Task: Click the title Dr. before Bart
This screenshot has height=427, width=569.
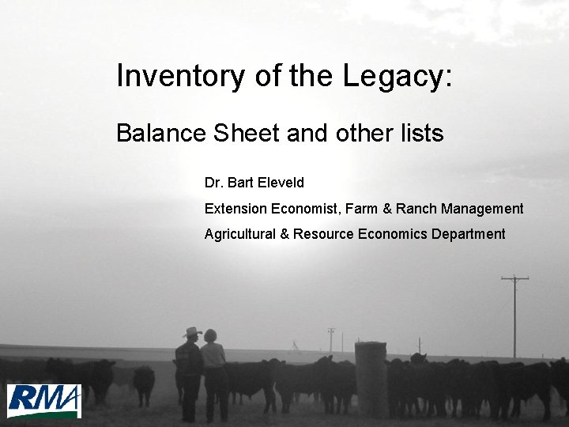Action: click(213, 183)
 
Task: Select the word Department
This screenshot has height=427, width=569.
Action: click(468, 234)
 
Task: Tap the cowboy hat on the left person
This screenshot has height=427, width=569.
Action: click(191, 331)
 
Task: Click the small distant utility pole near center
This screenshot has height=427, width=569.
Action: click(331, 339)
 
